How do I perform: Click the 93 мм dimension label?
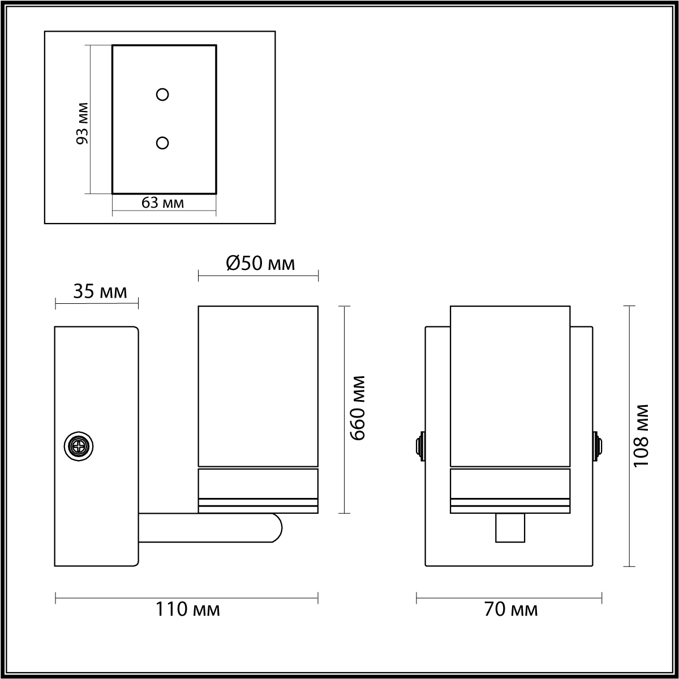tap(83, 123)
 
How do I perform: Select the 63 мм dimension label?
tap(163, 203)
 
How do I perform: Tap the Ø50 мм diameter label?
tap(260, 263)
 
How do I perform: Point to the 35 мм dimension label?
tap(100, 291)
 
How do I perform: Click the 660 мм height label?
tap(358, 408)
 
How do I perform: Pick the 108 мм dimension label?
tap(641, 436)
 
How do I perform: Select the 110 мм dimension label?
tap(188, 609)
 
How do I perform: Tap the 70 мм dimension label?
tap(511, 609)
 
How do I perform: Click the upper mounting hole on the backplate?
tap(162, 94)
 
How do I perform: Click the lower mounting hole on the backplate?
tap(162, 143)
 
